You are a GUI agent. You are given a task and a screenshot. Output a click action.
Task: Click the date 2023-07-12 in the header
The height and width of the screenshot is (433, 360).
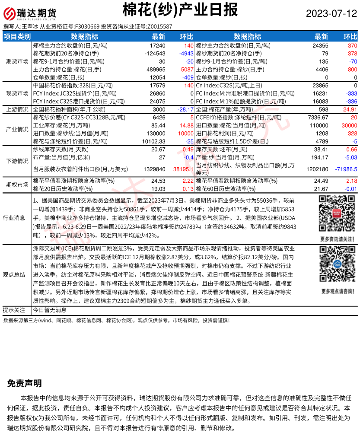pos(331,13)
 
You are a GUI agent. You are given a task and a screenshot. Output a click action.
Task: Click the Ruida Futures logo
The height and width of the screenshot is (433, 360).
pos(30,14)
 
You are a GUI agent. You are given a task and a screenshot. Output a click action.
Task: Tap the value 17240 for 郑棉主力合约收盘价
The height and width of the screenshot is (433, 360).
pos(157,45)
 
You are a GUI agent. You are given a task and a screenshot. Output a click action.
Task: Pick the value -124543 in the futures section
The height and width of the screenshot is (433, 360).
pos(154,53)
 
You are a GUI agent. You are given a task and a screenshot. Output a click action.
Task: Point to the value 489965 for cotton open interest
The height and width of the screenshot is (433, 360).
pos(156,69)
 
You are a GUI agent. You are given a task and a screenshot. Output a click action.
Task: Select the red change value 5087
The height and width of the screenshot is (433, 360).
pos(187,69)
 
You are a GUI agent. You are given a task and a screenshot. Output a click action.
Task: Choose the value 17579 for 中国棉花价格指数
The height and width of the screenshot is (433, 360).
pos(157,86)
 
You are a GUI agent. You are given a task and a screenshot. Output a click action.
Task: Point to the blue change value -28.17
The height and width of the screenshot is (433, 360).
pos(185,109)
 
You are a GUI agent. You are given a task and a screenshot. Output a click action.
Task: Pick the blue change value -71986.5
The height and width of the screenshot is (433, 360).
pos(345,169)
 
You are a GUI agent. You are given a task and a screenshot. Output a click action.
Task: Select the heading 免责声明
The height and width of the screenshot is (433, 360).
pos(25,383)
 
